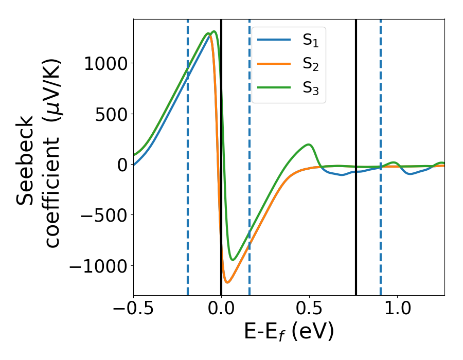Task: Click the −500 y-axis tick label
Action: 101,215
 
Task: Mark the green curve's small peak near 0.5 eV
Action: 308,145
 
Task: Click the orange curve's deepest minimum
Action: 227,282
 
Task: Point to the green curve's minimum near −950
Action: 233,260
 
